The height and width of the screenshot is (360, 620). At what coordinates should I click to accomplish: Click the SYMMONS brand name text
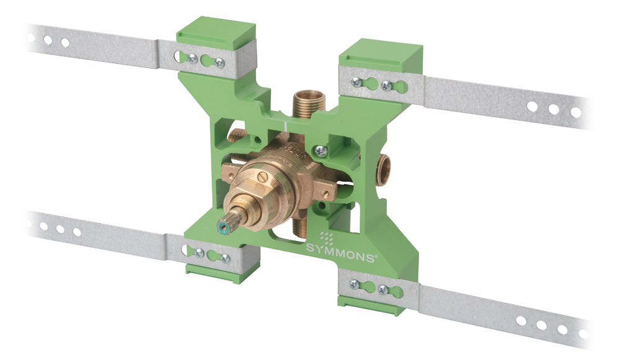click(x=340, y=253)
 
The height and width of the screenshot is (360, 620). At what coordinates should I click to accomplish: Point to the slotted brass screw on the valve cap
click(x=263, y=177)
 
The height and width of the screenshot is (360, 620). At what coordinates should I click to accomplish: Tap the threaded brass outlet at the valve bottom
click(x=300, y=229)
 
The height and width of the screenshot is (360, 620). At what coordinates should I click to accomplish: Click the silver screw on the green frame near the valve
click(x=321, y=150)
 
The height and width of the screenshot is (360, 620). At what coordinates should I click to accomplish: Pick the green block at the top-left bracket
click(x=216, y=37)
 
